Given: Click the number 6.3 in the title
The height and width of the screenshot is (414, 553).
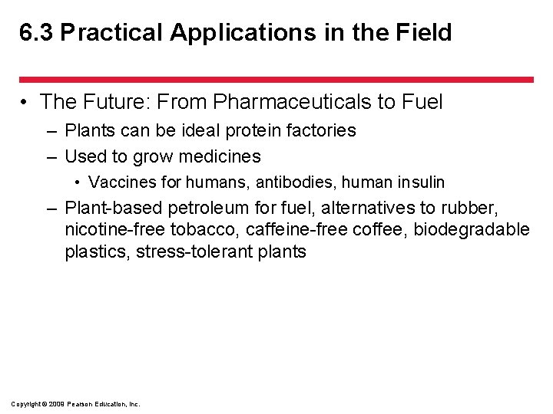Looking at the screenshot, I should [x=36, y=33].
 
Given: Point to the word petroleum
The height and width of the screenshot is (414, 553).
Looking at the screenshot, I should [x=218, y=208].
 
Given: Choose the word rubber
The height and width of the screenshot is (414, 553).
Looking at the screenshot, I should [x=473, y=208].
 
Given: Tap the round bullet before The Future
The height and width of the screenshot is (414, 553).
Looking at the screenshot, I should [x=26, y=101].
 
